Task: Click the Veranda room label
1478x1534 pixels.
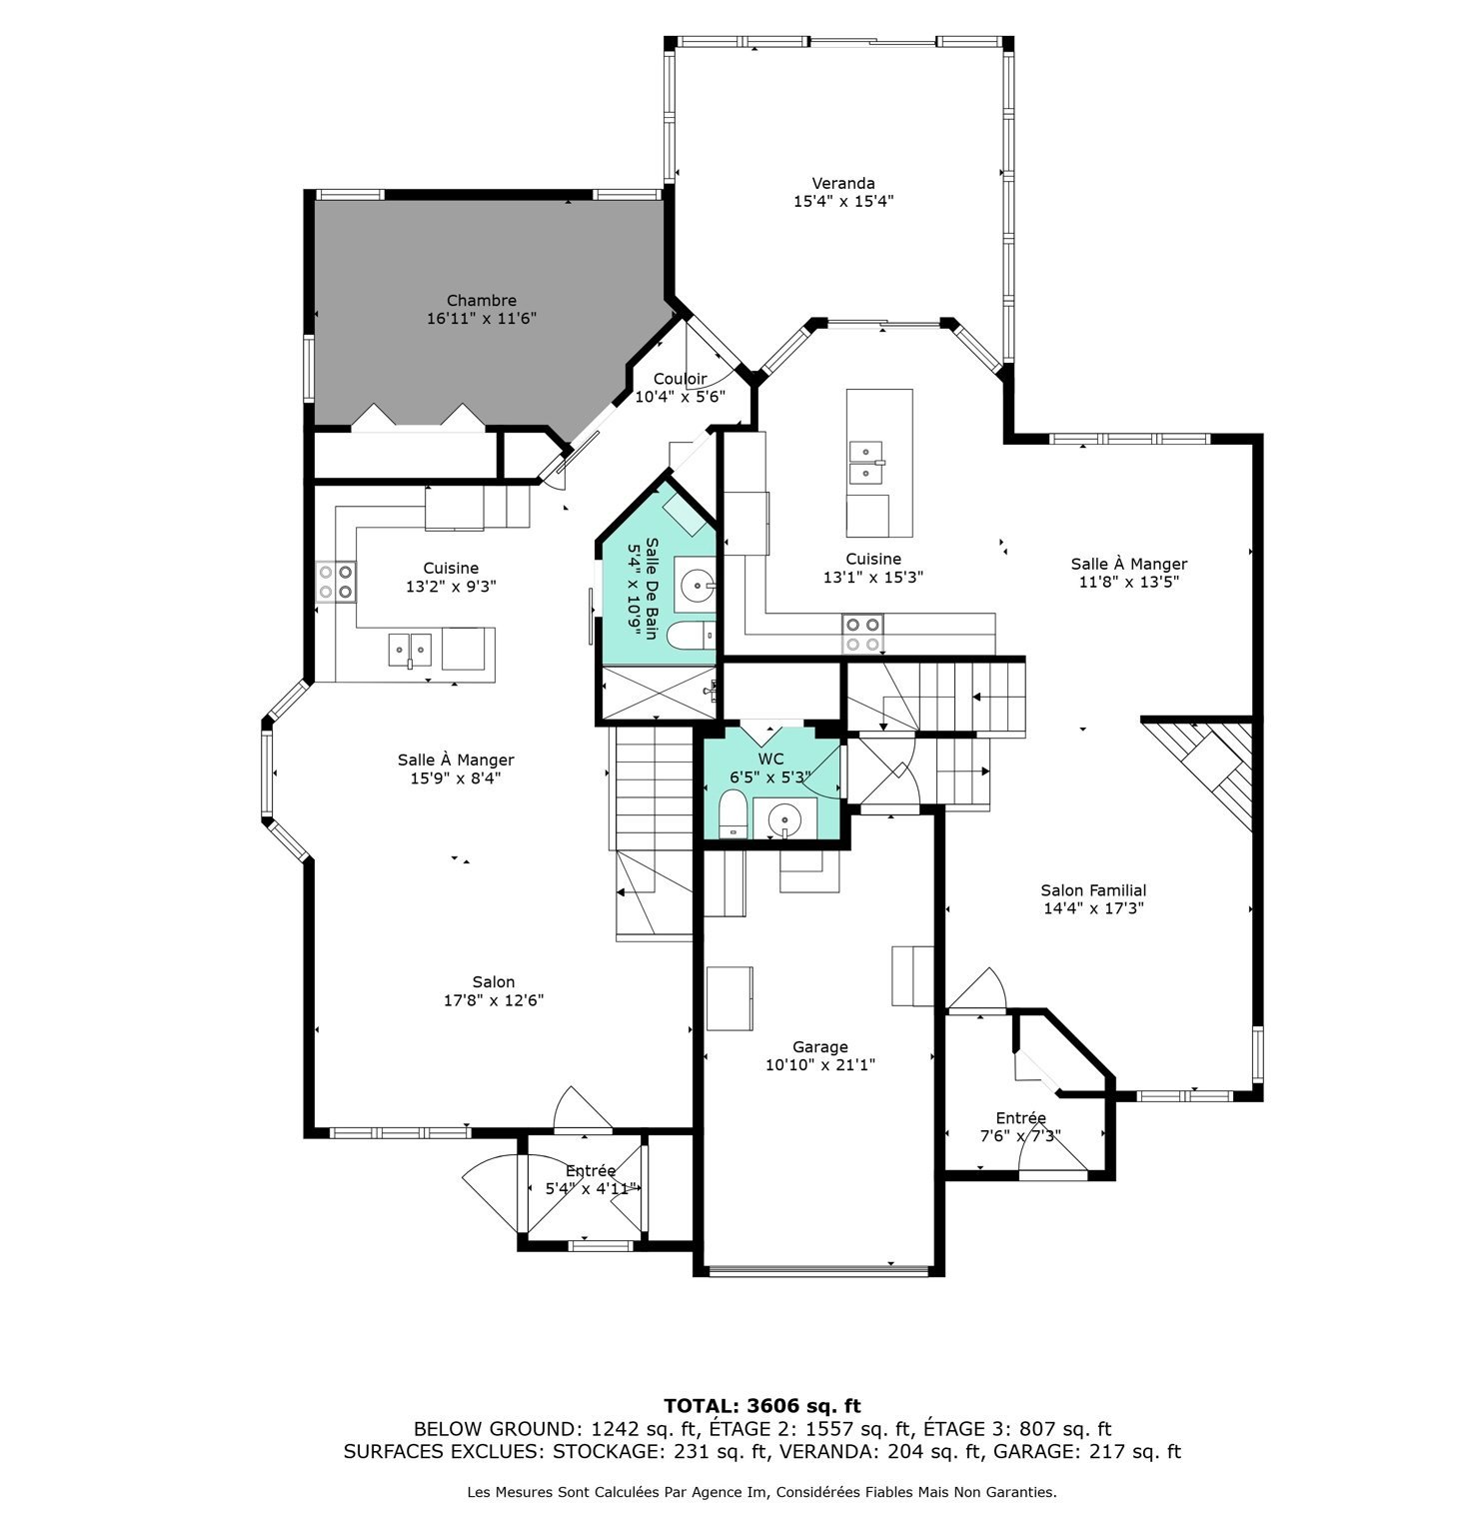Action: tap(843, 183)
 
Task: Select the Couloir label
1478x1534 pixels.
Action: tap(680, 379)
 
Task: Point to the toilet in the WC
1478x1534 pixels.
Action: tap(733, 812)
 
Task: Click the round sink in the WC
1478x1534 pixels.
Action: tap(784, 819)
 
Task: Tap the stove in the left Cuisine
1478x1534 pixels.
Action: tap(336, 582)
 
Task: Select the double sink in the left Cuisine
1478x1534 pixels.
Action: tap(411, 650)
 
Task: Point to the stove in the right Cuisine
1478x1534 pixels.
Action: tap(862, 634)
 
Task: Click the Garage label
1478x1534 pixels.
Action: tap(820, 1047)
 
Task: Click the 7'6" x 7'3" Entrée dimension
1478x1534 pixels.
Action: tap(1019, 1136)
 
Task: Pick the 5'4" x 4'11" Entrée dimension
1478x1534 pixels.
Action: tap(590, 1188)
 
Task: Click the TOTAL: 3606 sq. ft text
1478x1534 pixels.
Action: tap(761, 1406)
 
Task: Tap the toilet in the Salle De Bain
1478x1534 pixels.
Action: tap(692, 635)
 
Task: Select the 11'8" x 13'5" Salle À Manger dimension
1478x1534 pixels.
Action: tap(1129, 582)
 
